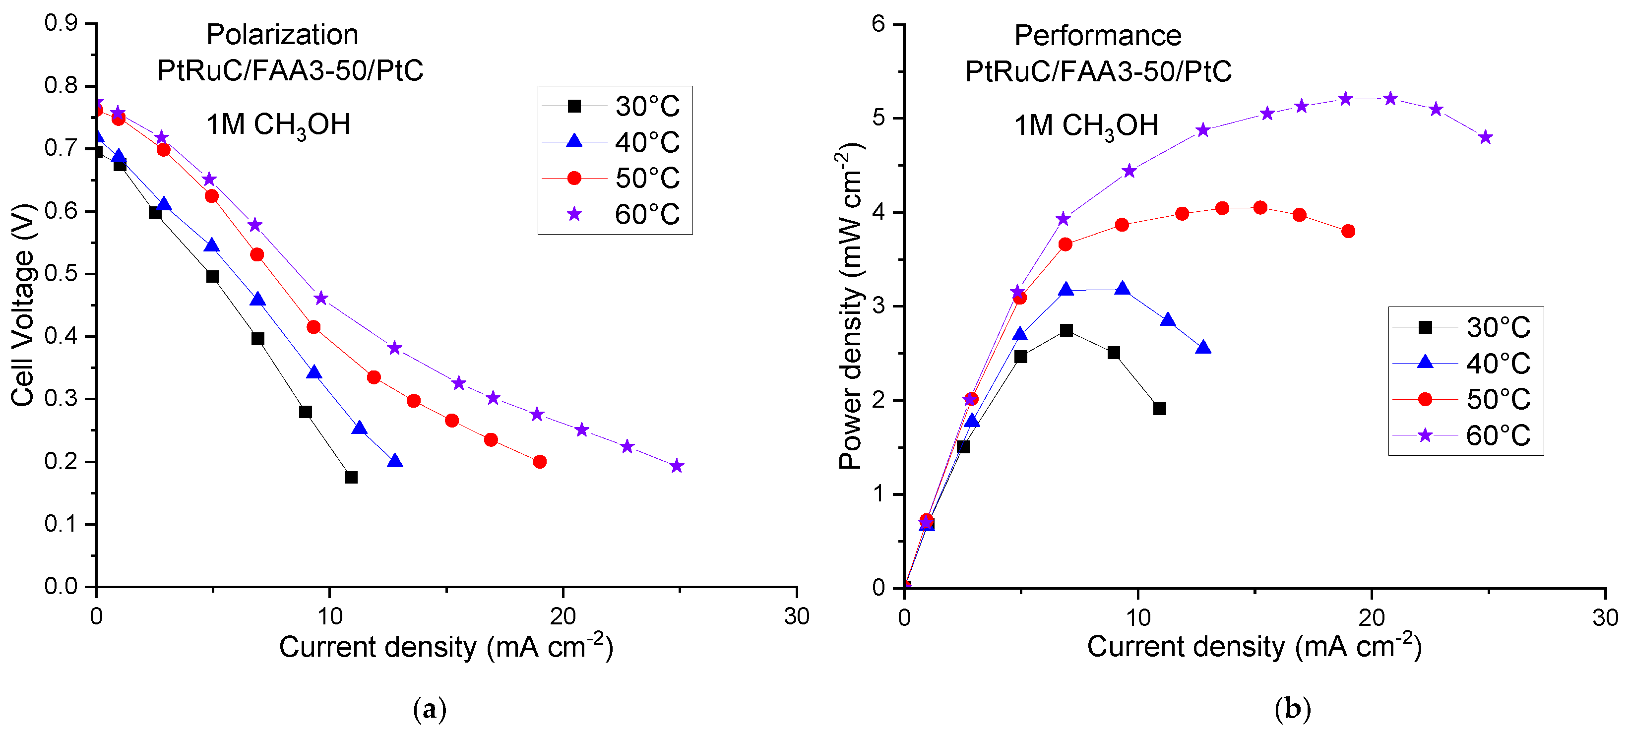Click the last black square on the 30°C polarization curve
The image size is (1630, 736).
tap(351, 477)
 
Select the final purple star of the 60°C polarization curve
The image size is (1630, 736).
tap(677, 466)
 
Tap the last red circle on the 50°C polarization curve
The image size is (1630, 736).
tap(540, 462)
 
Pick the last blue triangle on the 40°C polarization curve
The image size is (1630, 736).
tap(395, 461)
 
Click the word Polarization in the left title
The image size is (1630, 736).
tap(282, 35)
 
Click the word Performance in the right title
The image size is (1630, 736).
tap(1097, 35)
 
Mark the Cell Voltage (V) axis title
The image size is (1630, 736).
tap(23, 305)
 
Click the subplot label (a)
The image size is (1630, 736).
tap(430, 709)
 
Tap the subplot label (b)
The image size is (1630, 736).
tap(1292, 709)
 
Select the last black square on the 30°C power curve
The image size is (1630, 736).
tap(1159, 409)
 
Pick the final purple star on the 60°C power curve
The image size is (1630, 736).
tap(1486, 137)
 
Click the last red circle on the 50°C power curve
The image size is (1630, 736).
tap(1348, 231)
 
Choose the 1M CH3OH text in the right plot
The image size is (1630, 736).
tap(1086, 125)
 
